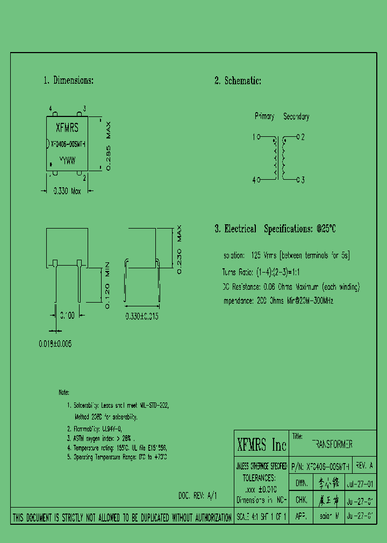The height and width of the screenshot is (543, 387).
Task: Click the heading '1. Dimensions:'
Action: point(68,80)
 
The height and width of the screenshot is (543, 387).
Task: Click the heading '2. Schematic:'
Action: point(238,81)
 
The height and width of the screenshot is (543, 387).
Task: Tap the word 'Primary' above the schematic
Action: point(264,116)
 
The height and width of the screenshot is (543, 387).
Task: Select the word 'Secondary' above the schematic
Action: point(296,116)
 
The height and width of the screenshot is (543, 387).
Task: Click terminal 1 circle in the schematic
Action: point(258,137)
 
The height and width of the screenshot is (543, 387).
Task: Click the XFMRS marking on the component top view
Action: point(67,128)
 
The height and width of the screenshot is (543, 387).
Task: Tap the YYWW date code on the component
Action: point(67,160)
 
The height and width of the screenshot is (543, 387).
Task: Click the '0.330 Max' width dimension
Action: point(67,190)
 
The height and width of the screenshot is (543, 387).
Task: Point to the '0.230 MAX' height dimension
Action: point(180,250)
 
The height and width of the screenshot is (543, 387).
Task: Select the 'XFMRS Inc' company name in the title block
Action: point(262,445)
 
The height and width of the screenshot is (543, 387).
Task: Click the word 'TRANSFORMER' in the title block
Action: point(332,445)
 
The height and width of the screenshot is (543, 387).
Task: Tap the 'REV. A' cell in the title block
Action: point(364,466)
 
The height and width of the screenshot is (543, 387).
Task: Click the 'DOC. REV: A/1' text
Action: point(197,496)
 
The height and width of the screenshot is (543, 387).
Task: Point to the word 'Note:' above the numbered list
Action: point(64,393)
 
